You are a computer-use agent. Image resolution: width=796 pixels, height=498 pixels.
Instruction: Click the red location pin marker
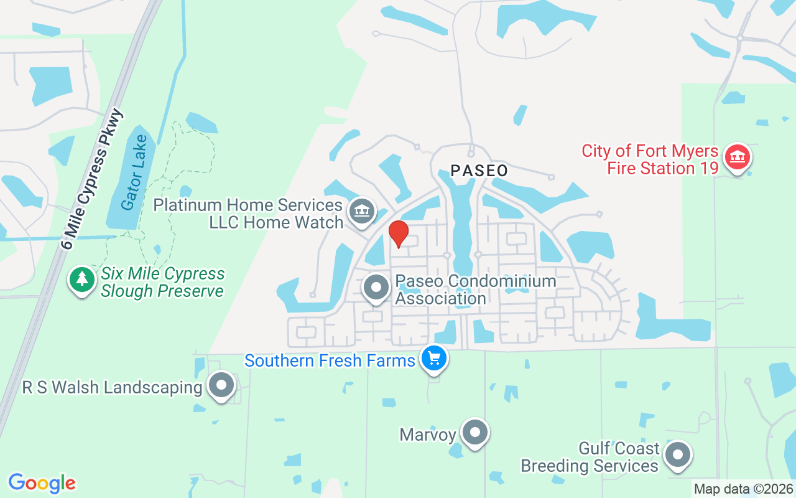tap(398, 233)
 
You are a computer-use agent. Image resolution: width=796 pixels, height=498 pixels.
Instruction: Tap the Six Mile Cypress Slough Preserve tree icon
tap(81, 280)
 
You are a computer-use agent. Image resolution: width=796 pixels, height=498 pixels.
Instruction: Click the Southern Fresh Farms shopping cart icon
tap(433, 359)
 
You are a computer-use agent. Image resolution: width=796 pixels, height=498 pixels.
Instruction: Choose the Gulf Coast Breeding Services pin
tap(678, 455)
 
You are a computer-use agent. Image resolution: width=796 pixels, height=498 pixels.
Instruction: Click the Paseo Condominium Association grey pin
tap(376, 288)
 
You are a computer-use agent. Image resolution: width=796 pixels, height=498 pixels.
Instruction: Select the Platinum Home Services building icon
tap(361, 211)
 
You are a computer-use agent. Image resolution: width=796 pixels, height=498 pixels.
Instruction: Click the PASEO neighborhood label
tap(479, 171)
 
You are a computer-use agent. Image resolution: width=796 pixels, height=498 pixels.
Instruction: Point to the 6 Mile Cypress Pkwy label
tap(93, 179)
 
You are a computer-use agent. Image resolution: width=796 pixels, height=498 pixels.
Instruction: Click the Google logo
tap(42, 483)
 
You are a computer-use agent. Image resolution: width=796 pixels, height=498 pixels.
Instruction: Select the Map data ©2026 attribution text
tap(743, 489)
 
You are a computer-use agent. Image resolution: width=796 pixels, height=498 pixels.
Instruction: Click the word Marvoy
tap(428, 434)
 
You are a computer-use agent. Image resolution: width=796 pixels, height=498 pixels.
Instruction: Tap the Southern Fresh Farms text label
tap(330, 360)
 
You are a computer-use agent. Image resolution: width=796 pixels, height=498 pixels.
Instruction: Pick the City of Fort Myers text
tap(650, 151)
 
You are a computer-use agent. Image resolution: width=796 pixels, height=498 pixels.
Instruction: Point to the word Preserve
tap(192, 291)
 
